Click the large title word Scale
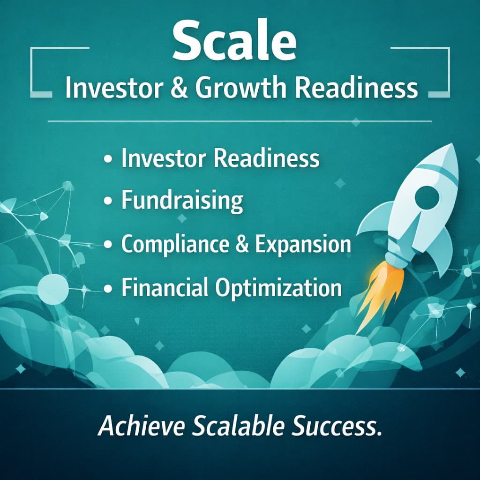pyautogui.click(x=234, y=41)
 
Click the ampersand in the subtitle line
pyautogui.click(x=179, y=88)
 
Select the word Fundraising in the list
pyautogui.click(x=182, y=200)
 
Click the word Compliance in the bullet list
pyautogui.click(x=175, y=245)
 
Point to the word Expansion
pyautogui.click(x=303, y=245)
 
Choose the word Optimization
pyautogui.click(x=278, y=288)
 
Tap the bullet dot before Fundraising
pyautogui.click(x=108, y=201)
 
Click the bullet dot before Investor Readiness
pyautogui.click(x=108, y=159)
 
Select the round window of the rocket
pyautogui.click(x=427, y=196)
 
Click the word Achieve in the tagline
pyautogui.click(x=142, y=426)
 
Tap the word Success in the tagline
pyautogui.click(x=337, y=426)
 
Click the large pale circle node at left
pyautogui.click(x=53, y=289)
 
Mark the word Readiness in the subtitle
pyautogui.click(x=356, y=88)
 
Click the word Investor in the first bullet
pyautogui.click(x=164, y=158)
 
